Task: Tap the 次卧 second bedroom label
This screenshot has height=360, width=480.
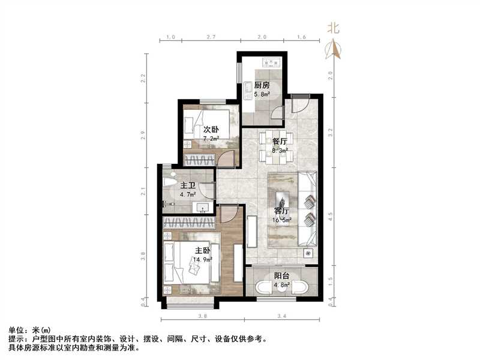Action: [210, 129]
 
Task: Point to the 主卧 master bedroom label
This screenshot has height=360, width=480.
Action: [202, 250]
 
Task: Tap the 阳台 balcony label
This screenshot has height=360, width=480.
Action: [282, 277]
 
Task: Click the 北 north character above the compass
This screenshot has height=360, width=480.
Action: [333, 27]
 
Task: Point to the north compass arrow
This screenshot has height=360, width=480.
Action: [333, 49]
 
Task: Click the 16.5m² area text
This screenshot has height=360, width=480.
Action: [283, 220]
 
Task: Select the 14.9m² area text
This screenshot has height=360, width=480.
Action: [202, 260]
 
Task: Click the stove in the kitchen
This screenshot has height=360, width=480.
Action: [268, 61]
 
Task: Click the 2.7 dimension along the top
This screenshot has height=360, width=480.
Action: [211, 37]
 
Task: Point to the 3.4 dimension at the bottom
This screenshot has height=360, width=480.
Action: [282, 316]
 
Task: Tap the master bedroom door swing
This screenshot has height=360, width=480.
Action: [229, 214]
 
